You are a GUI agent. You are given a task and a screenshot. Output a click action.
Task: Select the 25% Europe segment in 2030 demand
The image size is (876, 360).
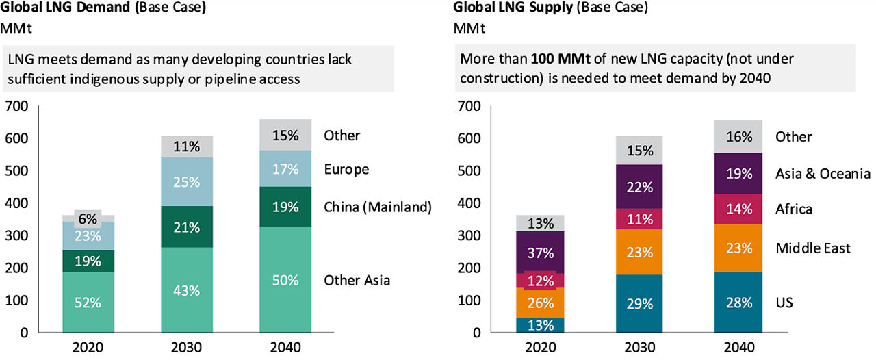click(186, 183)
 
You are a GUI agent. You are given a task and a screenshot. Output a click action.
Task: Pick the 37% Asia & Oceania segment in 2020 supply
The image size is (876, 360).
click(540, 252)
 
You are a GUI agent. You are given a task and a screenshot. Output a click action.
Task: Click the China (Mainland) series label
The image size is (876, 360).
click(378, 207)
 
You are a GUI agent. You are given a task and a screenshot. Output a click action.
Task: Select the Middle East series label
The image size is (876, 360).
click(813, 248)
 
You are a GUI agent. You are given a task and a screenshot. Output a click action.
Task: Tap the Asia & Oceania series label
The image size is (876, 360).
click(823, 173)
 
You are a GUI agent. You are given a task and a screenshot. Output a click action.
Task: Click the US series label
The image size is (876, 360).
click(784, 302)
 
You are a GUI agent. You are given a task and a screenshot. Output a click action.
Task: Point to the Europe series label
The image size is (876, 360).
click(346, 169)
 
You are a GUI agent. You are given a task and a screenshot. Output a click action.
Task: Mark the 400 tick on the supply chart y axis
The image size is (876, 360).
click(467, 203)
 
